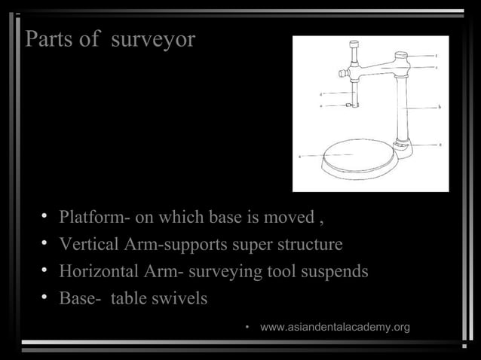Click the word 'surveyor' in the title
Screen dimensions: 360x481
[x=152, y=40]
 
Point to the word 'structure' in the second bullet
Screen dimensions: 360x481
[x=308, y=245]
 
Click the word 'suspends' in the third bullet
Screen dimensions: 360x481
[x=336, y=271]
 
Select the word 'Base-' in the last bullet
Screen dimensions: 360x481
[x=81, y=298]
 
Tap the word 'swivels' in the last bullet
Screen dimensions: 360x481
[x=180, y=298]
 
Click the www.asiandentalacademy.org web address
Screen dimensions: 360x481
[x=335, y=327]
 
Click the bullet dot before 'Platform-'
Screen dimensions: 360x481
[x=45, y=218]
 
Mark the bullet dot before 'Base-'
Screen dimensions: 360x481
[x=45, y=298]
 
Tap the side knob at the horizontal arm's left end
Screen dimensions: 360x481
[x=342, y=73]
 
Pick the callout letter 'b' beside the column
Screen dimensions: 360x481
[x=439, y=107]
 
